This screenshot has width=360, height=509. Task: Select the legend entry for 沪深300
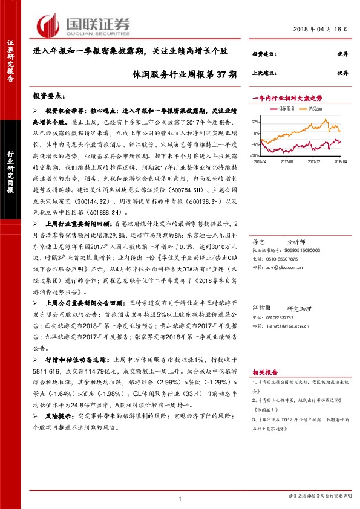click(x=314, y=109)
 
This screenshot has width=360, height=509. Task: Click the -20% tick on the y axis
click(x=256, y=155)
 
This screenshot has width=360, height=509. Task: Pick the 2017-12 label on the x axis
click(x=313, y=161)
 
